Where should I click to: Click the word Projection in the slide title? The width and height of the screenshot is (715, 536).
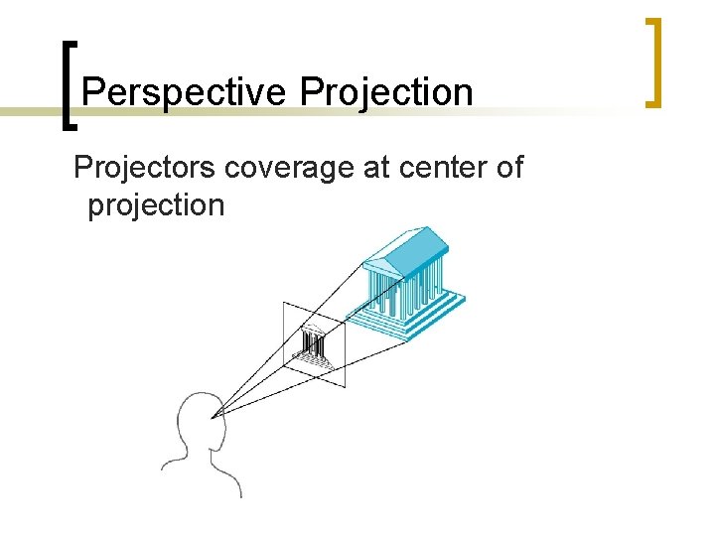point(386,93)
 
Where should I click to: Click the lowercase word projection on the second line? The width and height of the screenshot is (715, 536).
point(156,205)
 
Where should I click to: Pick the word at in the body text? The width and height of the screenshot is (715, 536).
point(377,168)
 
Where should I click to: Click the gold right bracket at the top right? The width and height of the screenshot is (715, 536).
point(652,62)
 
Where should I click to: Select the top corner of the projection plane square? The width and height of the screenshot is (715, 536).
point(285,303)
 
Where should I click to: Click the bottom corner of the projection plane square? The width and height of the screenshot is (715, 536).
point(345,386)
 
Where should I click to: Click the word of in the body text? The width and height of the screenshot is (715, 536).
point(507,168)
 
